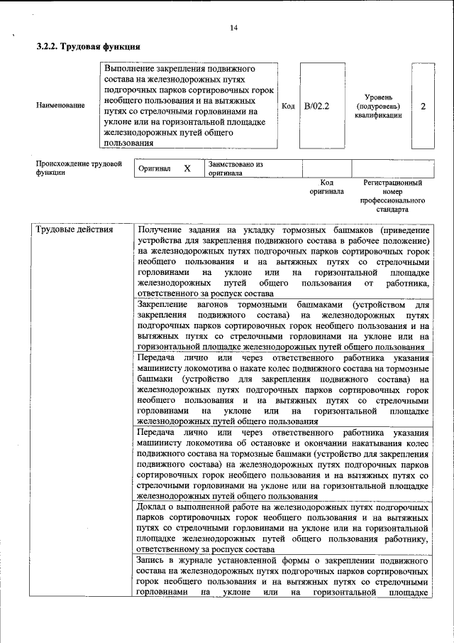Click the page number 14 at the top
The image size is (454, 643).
[233, 28]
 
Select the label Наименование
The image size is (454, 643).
[60, 106]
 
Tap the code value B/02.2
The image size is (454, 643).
[316, 106]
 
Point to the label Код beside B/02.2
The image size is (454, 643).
[288, 106]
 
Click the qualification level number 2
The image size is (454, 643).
[423, 106]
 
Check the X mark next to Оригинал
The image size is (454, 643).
[187, 169]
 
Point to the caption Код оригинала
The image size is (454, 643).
[326, 187]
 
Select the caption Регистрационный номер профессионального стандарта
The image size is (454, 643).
[392, 196]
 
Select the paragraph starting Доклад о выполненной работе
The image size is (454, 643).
[283, 529]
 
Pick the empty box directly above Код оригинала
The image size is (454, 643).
[326, 168]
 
